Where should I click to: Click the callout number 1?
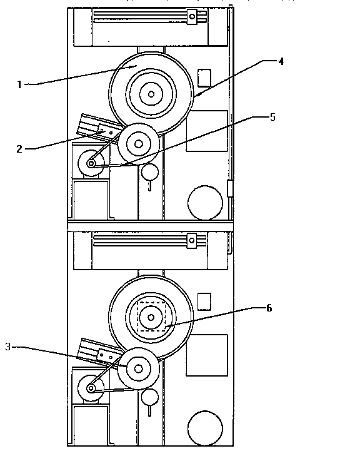click(x=20, y=84)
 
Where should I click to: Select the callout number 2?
click(x=20, y=149)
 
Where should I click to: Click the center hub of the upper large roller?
click(x=150, y=94)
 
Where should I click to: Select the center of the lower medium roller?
click(x=139, y=369)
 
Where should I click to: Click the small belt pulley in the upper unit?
click(x=91, y=164)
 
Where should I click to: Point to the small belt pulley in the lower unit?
click(x=91, y=388)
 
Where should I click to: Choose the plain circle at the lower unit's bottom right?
click(x=205, y=428)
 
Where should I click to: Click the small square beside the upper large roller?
click(x=204, y=78)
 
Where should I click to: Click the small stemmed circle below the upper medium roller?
click(x=149, y=172)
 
